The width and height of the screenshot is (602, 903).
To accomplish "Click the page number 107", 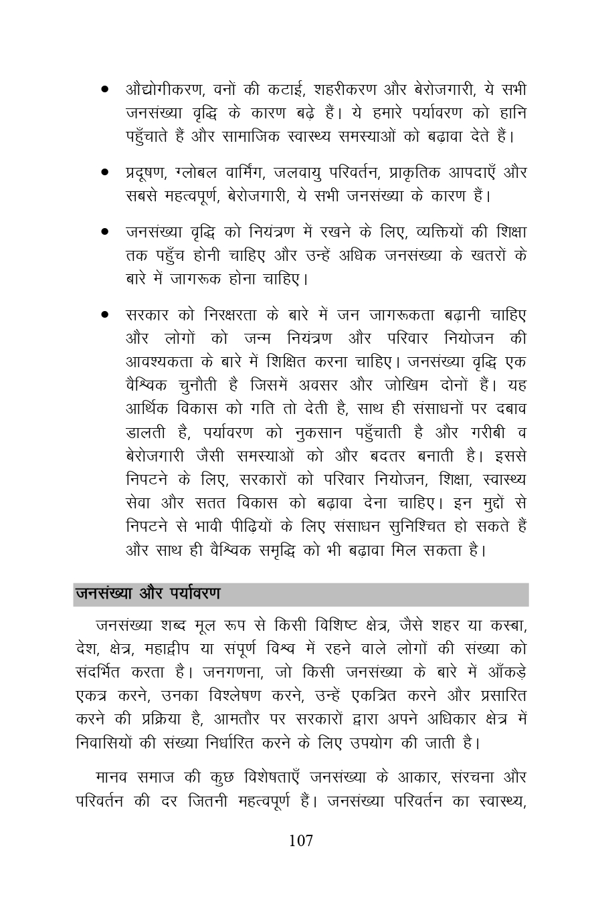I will pos(300,841).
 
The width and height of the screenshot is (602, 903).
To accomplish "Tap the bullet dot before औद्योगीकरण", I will pos(105,90).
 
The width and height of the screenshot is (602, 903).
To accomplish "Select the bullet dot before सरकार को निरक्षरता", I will pos(105,314).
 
